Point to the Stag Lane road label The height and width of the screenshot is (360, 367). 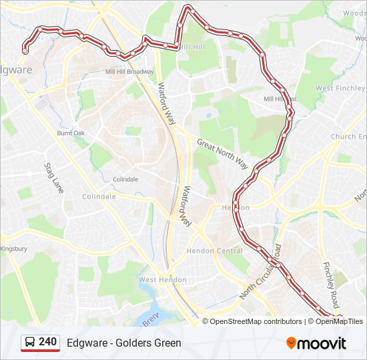[x=54, y=178]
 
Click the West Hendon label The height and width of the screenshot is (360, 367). [x=157, y=280]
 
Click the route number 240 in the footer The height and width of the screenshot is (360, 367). [x=47, y=342]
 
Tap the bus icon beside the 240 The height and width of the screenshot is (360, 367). [x=30, y=343]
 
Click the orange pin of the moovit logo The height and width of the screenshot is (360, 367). [x=291, y=343]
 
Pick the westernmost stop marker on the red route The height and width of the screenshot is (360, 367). [x=25, y=50]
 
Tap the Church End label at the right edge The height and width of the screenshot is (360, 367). [x=348, y=137]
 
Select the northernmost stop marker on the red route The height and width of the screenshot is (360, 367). [x=190, y=8]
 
